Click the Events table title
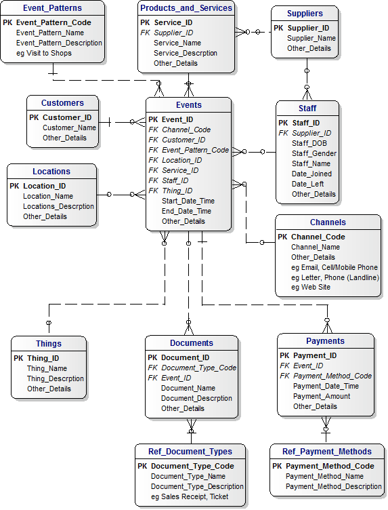pyautogui.click(x=189, y=105)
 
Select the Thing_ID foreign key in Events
pyautogui.click(x=177, y=191)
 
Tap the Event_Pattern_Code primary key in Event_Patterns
pyautogui.click(x=53, y=22)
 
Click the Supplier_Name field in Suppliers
pyautogui.click(x=311, y=38)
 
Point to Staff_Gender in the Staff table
pyautogui.click(x=314, y=153)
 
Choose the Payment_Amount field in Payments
pyautogui.click(x=322, y=396)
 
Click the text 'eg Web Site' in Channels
pyautogui.click(x=311, y=287)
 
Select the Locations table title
pyautogui.click(x=51, y=172)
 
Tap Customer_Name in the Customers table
pyautogui.click(x=69, y=127)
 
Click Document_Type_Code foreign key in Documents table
pyautogui.click(x=198, y=368)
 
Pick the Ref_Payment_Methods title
pyautogui.click(x=327, y=452)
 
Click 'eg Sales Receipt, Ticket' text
pyautogui.click(x=190, y=496)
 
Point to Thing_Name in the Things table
pyautogui.click(x=47, y=368)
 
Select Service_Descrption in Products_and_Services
pyautogui.click(x=186, y=53)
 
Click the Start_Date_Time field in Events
pyautogui.click(x=188, y=201)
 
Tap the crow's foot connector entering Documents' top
pyautogui.click(x=189, y=328)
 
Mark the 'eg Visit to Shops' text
pyautogui.click(x=44, y=53)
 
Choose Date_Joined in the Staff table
pyautogui.click(x=311, y=174)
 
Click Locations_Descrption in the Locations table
pyautogui.click(x=58, y=206)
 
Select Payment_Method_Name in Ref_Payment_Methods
pyautogui.click(x=324, y=476)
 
